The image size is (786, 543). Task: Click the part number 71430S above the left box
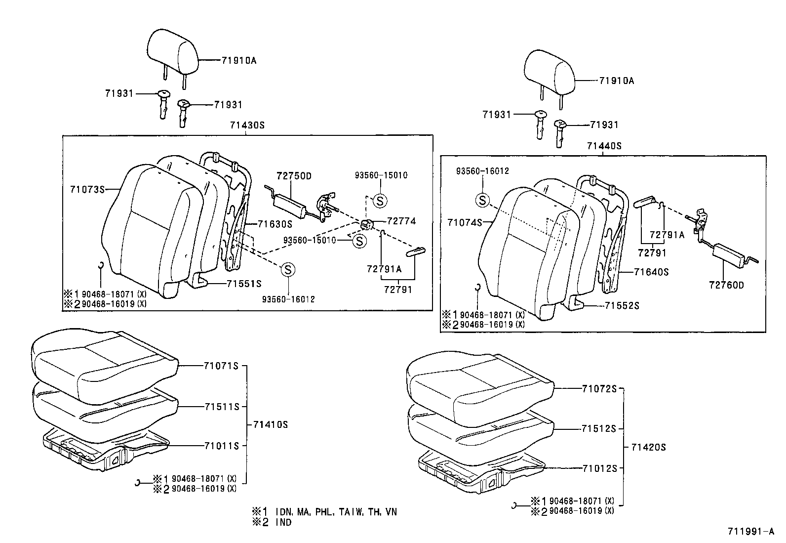pos(247,125)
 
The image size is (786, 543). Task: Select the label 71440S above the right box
pos(604,146)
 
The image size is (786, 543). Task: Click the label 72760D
pos(726,285)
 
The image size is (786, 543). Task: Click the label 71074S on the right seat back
pos(465,223)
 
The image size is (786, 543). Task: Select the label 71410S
pos(270,424)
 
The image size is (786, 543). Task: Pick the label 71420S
pos(648,447)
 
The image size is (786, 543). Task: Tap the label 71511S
pos(222,407)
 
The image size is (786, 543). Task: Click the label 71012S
pos(599,468)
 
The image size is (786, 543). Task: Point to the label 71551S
pos(244,284)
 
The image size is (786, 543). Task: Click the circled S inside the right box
pos(482,201)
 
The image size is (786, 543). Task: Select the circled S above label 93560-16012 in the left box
pos(288,270)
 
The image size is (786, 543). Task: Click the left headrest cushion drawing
pos(173,52)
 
